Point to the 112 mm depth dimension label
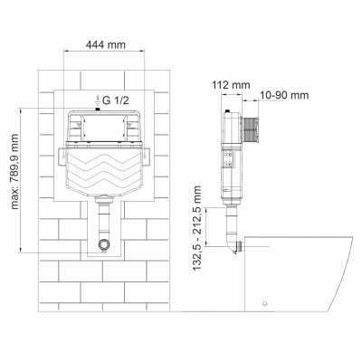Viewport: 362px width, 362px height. tap(235, 86)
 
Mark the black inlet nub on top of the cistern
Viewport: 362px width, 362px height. tap(96, 110)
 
